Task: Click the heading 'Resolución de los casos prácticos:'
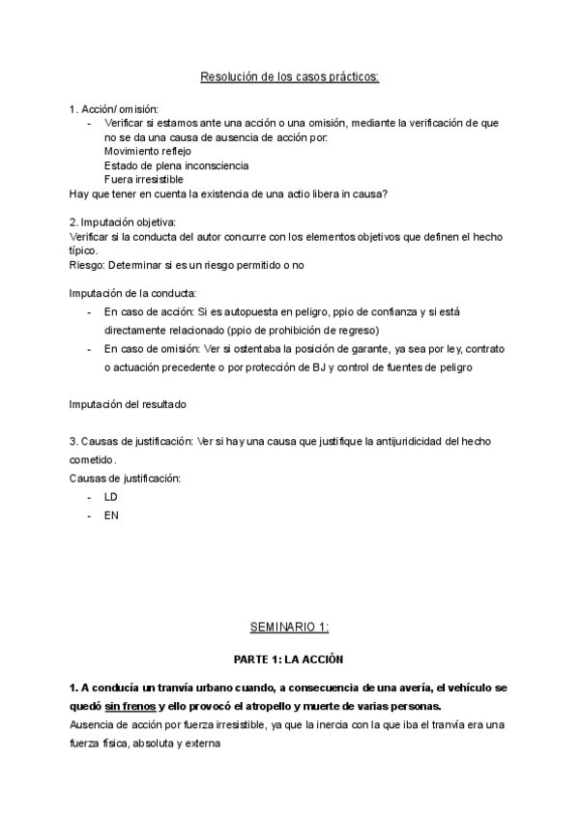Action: (289, 76)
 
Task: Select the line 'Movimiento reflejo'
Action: (147, 151)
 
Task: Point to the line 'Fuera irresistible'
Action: (143, 179)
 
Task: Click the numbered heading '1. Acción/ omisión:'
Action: (113, 108)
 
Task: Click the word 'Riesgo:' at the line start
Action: (88, 265)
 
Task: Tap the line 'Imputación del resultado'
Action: (128, 403)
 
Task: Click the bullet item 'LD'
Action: (110, 496)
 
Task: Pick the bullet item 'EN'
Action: (110, 515)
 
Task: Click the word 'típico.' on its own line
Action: (85, 250)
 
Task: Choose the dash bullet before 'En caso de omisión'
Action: (91, 349)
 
